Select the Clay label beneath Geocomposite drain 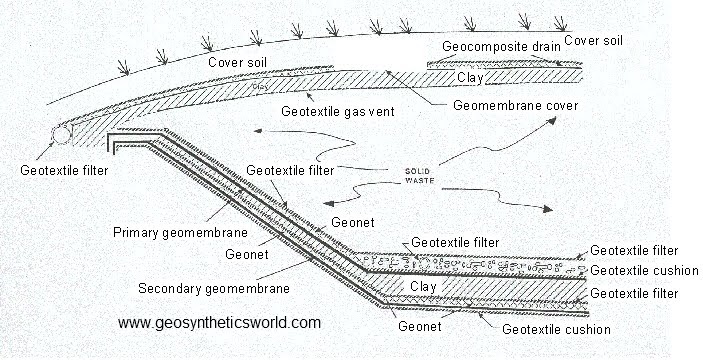(471, 76)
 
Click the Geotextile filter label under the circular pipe (63, 169)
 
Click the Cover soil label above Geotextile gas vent (237, 62)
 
